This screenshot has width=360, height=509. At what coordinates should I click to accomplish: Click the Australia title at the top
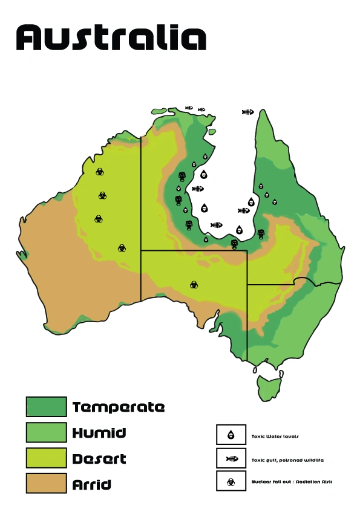pos(111,37)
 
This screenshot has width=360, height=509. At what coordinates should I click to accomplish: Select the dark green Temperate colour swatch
pos(46,407)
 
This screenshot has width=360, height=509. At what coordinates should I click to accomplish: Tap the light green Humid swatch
pos(46,432)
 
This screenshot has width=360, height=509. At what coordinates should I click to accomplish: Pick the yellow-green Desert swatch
pos(46,458)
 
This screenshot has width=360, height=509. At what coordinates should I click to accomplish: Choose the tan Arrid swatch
pos(46,483)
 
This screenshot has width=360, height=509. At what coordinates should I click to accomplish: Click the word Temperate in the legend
pos(119,407)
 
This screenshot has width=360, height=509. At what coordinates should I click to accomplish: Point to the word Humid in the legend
pos(99,433)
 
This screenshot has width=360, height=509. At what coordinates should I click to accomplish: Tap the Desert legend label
pos(99,459)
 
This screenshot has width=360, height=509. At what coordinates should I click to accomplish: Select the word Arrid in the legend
pos(92,484)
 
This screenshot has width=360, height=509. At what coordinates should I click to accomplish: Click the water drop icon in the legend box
pos(231,435)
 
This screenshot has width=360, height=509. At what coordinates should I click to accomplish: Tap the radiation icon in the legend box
pos(231,481)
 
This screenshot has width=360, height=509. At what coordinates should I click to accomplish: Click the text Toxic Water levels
pos(275,436)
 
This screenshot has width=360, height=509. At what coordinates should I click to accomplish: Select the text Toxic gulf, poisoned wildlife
pos(287,460)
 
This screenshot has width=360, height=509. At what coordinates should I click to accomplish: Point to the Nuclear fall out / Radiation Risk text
pos(292,482)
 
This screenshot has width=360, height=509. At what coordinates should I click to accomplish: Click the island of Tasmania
pos(266,386)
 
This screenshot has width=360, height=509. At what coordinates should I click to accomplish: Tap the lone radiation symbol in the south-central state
pos(194,284)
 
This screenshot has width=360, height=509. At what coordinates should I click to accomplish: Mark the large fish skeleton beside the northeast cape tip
pos(247,112)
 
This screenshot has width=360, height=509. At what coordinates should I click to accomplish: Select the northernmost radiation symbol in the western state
pos(100,172)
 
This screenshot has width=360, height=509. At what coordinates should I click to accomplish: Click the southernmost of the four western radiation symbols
pos(122,248)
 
